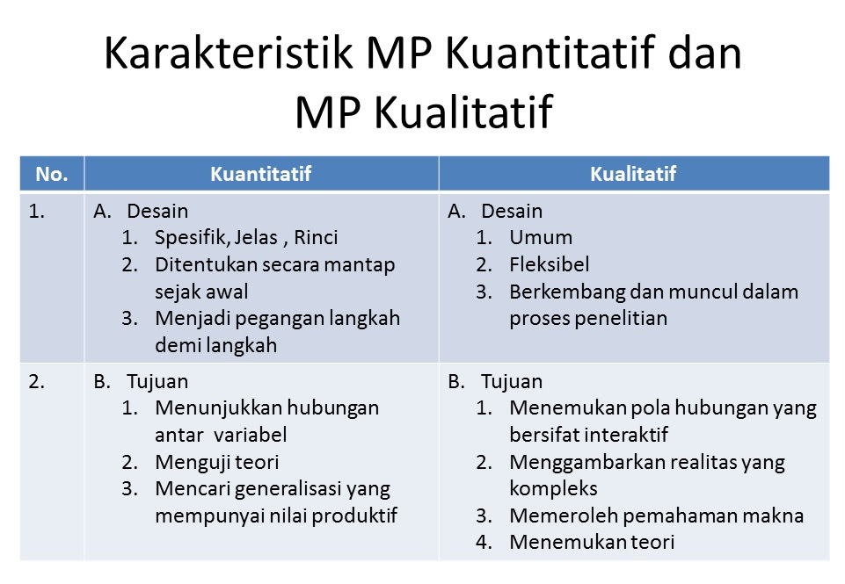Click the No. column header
52,174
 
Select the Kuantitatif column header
261,174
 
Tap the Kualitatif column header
633,174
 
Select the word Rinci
316,237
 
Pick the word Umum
541,237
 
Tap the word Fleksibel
550,264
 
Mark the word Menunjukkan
218,408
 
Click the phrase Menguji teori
217,462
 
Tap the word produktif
354,516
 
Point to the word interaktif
626,435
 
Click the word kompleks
553,489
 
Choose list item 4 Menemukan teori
576,542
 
